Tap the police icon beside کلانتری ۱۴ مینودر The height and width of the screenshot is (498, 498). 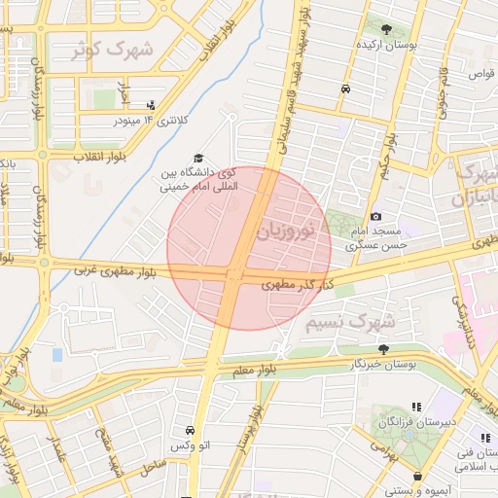click(150, 105)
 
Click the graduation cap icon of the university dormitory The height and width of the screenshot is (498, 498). click(199, 159)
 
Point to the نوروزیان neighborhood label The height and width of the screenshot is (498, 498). click(286, 232)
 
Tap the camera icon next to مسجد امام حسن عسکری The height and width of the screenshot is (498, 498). click(375, 216)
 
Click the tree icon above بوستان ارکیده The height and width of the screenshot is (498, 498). click(387, 29)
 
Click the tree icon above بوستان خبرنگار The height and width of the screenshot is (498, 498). click(383, 347)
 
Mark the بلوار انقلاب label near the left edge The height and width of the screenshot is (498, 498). click(79, 156)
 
